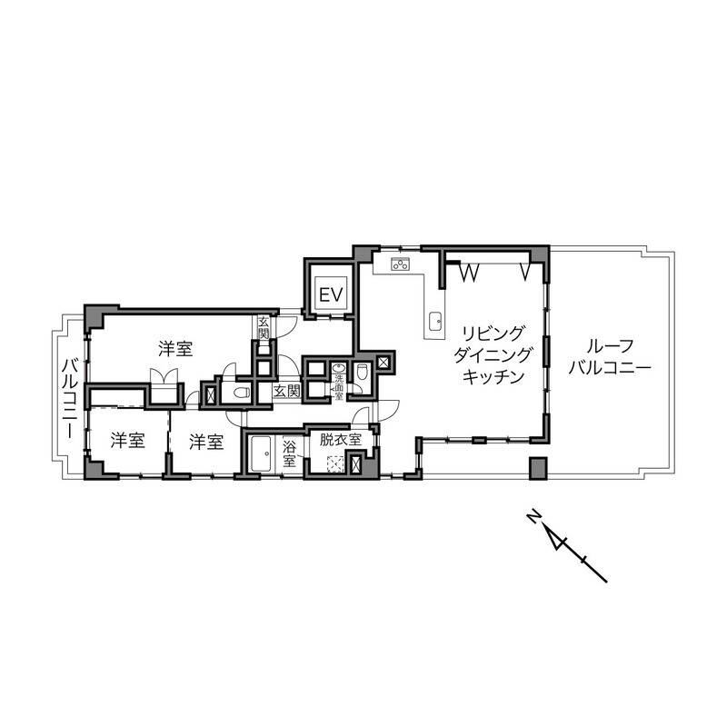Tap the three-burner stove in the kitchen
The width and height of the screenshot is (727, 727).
coord(401,264)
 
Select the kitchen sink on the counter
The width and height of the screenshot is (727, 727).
coord(435,322)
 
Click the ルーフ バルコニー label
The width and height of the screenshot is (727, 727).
coord(609,357)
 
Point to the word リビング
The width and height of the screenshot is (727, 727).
coord(493,333)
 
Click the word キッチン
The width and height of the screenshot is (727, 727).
coord(493,376)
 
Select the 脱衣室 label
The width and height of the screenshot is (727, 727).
coord(340,439)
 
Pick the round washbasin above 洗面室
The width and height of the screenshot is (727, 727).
coord(339,368)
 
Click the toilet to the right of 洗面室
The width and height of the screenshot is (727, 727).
coord(362,372)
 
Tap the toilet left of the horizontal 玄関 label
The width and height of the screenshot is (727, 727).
coord(242,393)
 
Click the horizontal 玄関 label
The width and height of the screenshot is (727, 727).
coord(286,391)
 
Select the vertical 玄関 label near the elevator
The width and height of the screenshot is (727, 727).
coord(264,327)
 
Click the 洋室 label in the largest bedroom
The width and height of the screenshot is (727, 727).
coord(175,349)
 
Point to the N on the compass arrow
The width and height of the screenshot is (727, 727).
coord(534,516)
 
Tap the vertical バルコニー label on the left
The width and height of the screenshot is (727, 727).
coord(70,398)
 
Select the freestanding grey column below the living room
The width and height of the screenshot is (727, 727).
coord(538,468)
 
